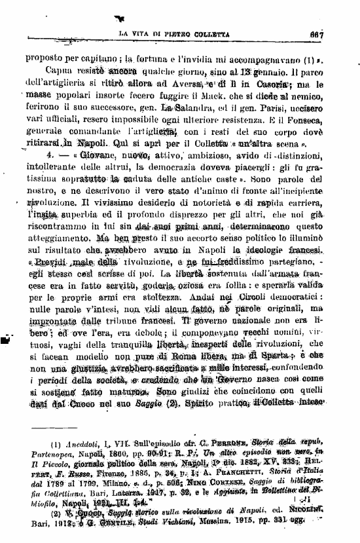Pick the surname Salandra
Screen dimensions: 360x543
pyautogui.click(x=184, y=108)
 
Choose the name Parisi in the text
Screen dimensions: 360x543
pyautogui.click(x=254, y=108)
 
